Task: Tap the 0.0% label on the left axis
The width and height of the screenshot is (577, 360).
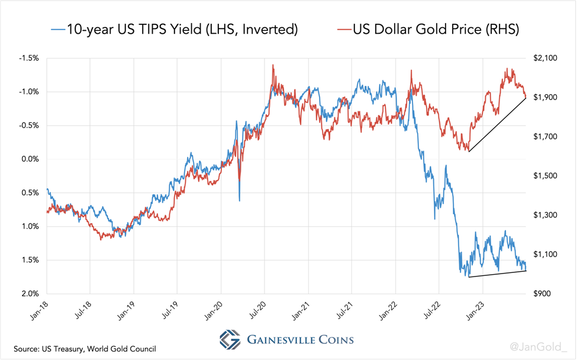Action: [x=29, y=159]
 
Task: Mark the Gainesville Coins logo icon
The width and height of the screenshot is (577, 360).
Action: [x=230, y=339]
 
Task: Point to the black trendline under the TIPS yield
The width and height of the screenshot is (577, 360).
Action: [x=497, y=274]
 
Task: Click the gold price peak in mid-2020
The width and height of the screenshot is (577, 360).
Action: [x=272, y=66]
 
